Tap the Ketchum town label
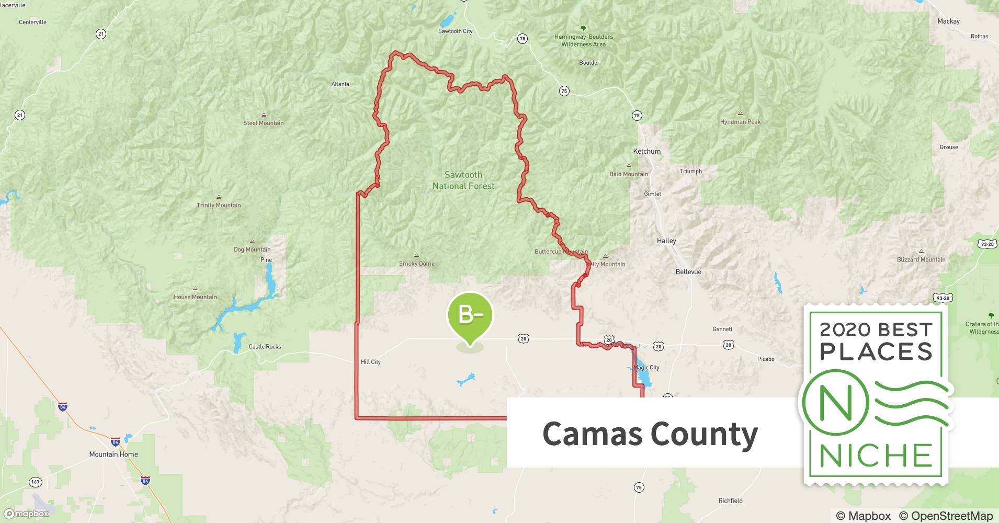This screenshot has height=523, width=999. pyautogui.click(x=647, y=151)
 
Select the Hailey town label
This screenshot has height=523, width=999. pyautogui.click(x=666, y=241)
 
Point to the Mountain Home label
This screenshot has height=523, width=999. pyautogui.click(x=113, y=454)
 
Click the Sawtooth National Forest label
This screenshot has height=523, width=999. pyautogui.click(x=463, y=180)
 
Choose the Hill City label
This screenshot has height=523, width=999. pyautogui.click(x=371, y=362)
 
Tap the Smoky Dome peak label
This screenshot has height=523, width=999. pyautogui.click(x=417, y=264)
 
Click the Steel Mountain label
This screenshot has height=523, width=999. pyautogui.click(x=264, y=123)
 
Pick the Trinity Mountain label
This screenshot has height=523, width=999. pyautogui.click(x=219, y=205)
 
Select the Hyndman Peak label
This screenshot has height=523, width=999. pyautogui.click(x=740, y=122)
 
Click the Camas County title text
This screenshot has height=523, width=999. pyautogui.click(x=650, y=434)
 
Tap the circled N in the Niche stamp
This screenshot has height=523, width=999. pyautogui.click(x=836, y=403)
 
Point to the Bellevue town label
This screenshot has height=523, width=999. pyautogui.click(x=688, y=272)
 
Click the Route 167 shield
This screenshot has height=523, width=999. pyautogui.click(x=35, y=482)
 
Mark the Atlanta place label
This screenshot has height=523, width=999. pyautogui.click(x=340, y=84)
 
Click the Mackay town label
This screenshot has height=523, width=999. pyautogui.click(x=948, y=21)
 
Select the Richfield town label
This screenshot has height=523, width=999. pyautogui.click(x=730, y=501)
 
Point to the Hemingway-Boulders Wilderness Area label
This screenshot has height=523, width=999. pyautogui.click(x=584, y=40)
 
